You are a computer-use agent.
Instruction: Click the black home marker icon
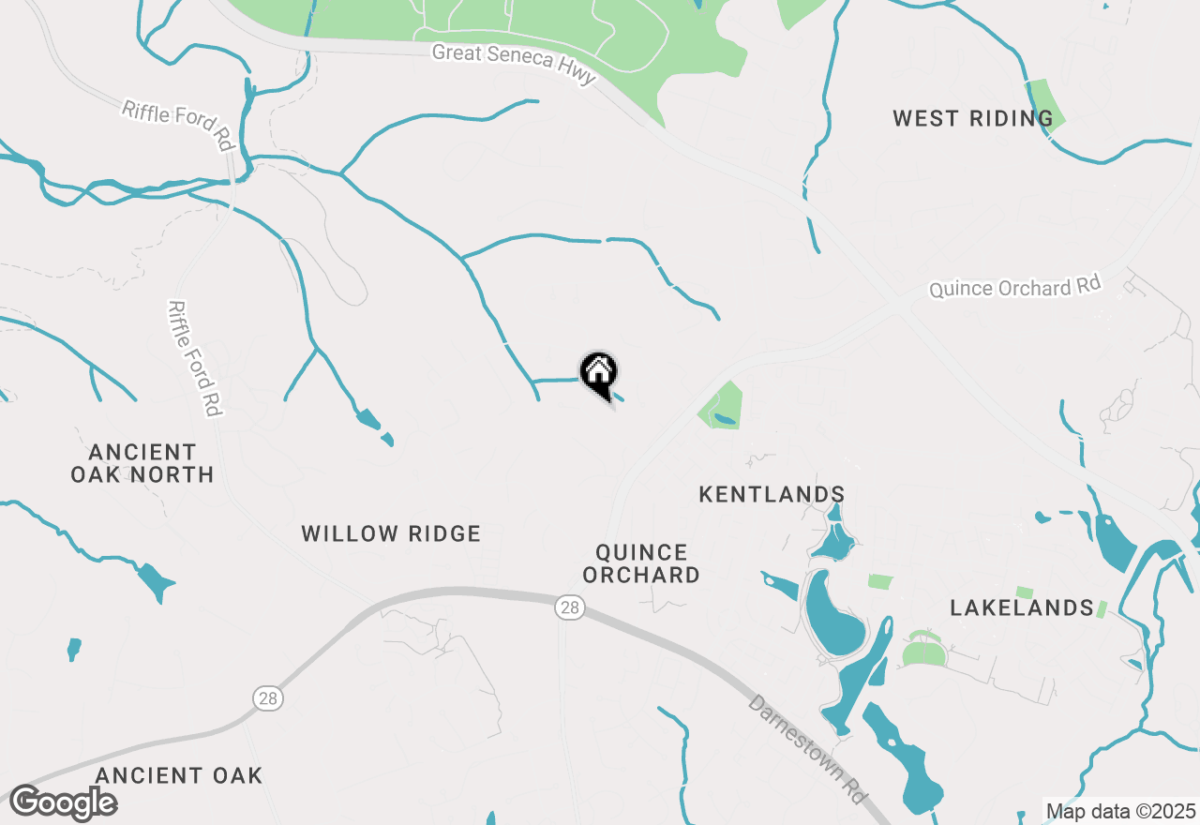pyautogui.click(x=598, y=374)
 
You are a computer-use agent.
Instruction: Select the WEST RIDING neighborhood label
pyautogui.click(x=972, y=119)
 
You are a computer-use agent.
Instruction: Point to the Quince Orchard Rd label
pyautogui.click(x=1014, y=287)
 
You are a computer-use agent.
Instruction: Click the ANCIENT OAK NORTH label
pyautogui.click(x=142, y=463)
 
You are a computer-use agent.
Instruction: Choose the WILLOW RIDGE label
pyautogui.click(x=391, y=534)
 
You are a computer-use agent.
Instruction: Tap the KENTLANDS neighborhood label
pyautogui.click(x=772, y=494)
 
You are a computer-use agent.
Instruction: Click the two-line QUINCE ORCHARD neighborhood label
pyautogui.click(x=641, y=563)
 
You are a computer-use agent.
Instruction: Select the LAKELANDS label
pyautogui.click(x=1022, y=608)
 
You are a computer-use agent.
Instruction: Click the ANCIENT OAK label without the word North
pyautogui.click(x=179, y=776)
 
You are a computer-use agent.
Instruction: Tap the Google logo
pyautogui.click(x=63, y=803)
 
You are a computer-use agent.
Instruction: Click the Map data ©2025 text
pyautogui.click(x=1120, y=811)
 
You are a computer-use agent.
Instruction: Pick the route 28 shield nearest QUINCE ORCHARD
pyautogui.click(x=569, y=608)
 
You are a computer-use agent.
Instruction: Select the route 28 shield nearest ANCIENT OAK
pyautogui.click(x=267, y=697)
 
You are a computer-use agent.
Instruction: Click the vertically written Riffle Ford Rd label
pyautogui.click(x=194, y=357)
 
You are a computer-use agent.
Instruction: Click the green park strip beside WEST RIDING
pyautogui.click(x=1044, y=106)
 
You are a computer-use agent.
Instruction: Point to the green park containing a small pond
pyautogui.click(x=721, y=406)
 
